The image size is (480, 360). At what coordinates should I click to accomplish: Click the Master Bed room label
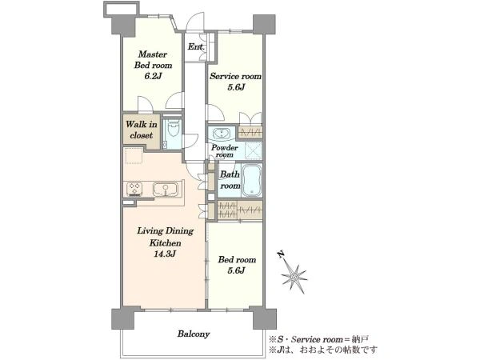[153, 60]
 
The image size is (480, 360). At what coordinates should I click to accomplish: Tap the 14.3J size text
[166, 254]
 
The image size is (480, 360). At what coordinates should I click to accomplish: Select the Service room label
[235, 76]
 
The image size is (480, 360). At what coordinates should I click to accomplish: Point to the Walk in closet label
[142, 130]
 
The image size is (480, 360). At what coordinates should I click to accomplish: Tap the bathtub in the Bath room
[252, 181]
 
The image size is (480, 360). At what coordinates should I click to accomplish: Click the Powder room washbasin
[221, 134]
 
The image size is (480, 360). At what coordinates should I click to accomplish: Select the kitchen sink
[166, 189]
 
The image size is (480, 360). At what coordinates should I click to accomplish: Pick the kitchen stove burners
[134, 189]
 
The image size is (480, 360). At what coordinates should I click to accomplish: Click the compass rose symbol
[294, 277]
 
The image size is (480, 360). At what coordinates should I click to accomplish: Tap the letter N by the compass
[280, 254]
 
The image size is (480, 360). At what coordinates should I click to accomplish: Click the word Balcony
[194, 334]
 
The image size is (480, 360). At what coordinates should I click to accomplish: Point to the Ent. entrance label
[196, 47]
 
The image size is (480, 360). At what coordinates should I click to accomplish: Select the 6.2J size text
[153, 76]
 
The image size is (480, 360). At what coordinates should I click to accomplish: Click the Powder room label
[225, 151]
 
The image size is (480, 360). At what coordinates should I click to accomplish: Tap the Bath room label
[230, 180]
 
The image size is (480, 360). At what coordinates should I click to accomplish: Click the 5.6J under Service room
[236, 87]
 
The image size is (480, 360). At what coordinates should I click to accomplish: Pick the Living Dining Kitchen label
[166, 237]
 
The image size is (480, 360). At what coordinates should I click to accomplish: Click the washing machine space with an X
[252, 151]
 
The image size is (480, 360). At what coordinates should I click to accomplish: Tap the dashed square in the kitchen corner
[134, 156]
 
